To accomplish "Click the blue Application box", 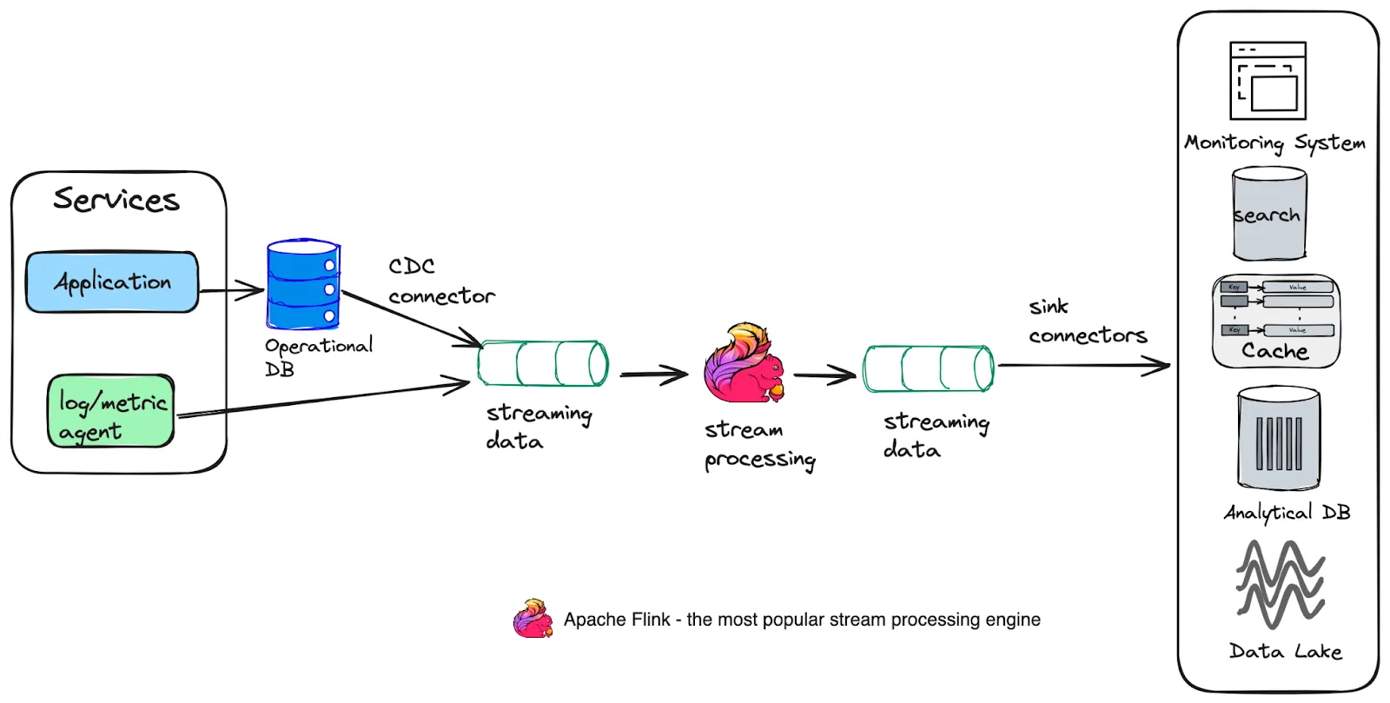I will click(x=112, y=282).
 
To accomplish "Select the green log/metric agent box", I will click(x=111, y=412).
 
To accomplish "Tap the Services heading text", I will click(x=116, y=200).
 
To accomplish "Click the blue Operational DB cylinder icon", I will click(x=303, y=285).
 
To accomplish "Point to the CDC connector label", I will click(x=440, y=282).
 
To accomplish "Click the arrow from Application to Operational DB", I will click(x=232, y=290).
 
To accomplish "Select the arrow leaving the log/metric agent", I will click(x=321, y=400).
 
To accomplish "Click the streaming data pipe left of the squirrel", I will click(x=543, y=363).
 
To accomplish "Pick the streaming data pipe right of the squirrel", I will click(x=928, y=368).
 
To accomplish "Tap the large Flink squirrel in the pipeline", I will click(x=744, y=365).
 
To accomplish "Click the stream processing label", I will click(x=758, y=444).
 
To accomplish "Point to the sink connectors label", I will click(x=1086, y=322).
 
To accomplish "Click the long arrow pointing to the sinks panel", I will click(x=1082, y=366).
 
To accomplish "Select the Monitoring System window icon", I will click(x=1268, y=81).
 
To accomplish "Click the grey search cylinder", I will click(x=1269, y=214).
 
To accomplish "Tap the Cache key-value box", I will click(x=1276, y=321).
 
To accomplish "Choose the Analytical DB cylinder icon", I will click(x=1279, y=439).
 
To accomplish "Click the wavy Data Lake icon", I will click(x=1281, y=584).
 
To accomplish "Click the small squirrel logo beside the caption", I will click(x=533, y=619).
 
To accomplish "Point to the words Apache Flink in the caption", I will click(x=617, y=620).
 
